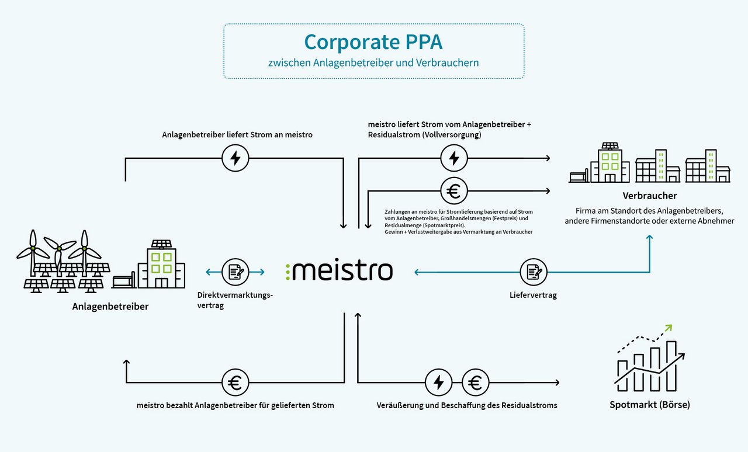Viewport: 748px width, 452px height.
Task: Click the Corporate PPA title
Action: point(373,42)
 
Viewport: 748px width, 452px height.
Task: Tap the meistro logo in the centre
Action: point(340,271)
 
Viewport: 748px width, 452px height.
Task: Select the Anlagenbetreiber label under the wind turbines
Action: point(110,306)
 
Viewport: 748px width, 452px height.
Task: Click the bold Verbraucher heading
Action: point(649,196)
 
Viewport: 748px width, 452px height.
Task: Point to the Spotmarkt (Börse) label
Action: point(649,404)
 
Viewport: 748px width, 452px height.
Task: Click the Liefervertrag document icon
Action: point(534,272)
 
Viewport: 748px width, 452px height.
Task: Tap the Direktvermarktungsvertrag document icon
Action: point(236,272)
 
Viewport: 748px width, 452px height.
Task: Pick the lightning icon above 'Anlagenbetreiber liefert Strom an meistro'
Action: point(236,158)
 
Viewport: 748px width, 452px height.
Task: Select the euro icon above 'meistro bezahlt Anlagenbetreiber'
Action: point(236,383)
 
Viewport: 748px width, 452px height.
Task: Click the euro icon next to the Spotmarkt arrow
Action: point(475,383)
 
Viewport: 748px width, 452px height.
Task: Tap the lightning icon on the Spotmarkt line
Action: point(439,383)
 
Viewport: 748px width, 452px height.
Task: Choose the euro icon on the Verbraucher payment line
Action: point(453,190)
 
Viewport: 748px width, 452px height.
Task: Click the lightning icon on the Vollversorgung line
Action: point(453,158)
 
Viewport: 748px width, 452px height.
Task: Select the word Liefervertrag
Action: point(533,295)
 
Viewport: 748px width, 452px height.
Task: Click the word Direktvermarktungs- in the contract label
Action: point(235,295)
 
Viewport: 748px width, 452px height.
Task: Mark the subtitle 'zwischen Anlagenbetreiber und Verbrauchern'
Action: point(373,62)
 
